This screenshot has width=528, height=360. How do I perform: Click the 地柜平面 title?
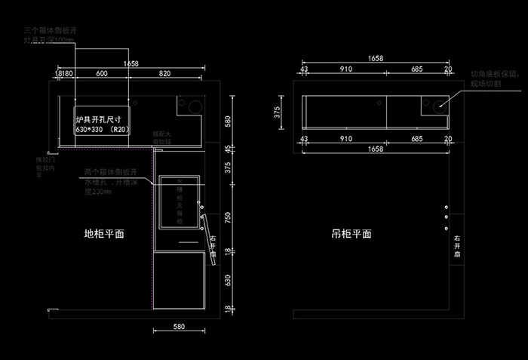104,234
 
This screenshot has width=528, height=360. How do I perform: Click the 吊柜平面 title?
351,234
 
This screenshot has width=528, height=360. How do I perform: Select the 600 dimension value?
101,73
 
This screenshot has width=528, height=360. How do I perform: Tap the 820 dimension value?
164,73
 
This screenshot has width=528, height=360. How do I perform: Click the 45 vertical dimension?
227,148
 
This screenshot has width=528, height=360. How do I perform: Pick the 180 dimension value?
66,73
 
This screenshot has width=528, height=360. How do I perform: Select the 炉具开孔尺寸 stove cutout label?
99,120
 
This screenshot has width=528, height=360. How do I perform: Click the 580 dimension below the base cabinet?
179,327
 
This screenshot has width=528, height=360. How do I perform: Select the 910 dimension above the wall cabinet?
345,69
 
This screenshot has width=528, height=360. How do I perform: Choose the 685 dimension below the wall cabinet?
416,140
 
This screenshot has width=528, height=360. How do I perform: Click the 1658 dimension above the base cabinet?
130,63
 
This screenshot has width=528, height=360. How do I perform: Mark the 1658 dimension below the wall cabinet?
376,149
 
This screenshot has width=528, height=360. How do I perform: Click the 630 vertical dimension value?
227,279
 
